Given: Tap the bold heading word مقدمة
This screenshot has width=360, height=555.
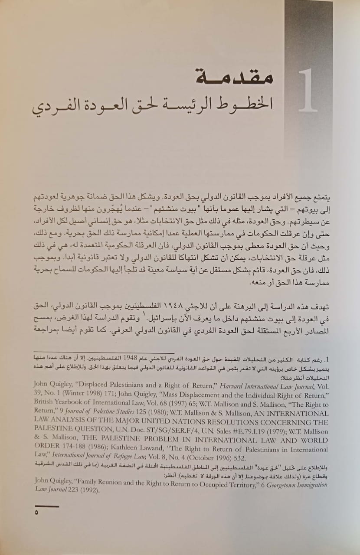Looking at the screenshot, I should tap(235, 77).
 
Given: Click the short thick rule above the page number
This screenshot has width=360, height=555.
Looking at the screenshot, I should tap(46, 506).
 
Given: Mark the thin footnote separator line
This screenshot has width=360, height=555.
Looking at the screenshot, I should tap(104, 353).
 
